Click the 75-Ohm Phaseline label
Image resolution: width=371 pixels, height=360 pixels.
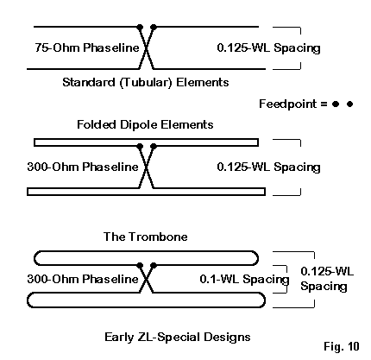[x=87, y=47]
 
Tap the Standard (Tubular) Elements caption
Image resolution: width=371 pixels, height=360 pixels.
[x=146, y=82]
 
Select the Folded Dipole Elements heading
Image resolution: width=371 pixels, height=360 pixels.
[x=145, y=124]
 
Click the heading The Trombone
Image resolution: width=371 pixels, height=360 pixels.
[x=145, y=237]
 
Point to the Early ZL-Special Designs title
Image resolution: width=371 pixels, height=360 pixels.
[x=177, y=337]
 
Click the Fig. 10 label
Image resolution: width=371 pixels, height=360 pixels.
[x=342, y=346]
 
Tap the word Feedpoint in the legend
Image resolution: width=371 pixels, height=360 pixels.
[x=287, y=104]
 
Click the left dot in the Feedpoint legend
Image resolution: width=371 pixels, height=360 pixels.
[x=336, y=104]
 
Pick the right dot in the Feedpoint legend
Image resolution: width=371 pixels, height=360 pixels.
[x=349, y=104]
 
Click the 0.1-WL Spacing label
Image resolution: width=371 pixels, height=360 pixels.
[x=244, y=279]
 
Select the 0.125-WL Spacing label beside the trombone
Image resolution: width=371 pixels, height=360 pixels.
[x=327, y=279]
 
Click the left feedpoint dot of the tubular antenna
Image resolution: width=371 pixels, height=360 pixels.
[x=140, y=28]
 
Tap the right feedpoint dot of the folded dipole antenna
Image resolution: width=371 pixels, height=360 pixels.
[x=154, y=146]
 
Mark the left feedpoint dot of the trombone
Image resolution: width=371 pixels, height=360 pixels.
[x=140, y=265]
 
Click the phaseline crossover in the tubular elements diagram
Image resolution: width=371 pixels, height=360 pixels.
[x=147, y=48]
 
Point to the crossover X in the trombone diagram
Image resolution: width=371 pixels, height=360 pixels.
[x=147, y=279]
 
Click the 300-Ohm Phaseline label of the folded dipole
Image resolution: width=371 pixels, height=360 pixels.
[x=83, y=167]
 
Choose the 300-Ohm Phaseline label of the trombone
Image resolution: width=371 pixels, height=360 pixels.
[x=83, y=279]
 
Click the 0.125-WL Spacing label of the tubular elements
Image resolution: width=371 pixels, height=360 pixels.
[x=268, y=47]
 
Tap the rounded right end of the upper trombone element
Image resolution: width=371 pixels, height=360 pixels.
[x=258, y=258]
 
